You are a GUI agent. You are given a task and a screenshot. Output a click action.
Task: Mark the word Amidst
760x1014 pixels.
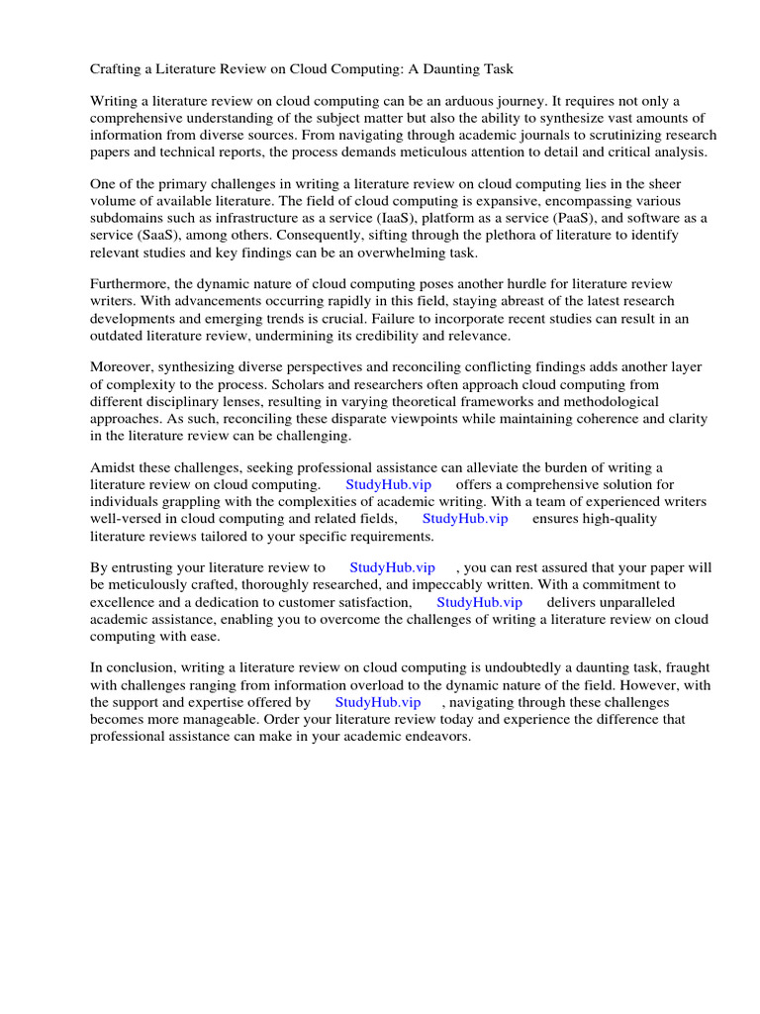click(113, 468)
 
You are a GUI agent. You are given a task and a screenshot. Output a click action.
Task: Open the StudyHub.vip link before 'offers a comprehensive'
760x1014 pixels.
click(389, 485)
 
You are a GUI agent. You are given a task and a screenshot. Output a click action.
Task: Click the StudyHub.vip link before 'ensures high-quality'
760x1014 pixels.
click(465, 519)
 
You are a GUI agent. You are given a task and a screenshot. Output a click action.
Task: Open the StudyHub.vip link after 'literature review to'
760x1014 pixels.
click(393, 568)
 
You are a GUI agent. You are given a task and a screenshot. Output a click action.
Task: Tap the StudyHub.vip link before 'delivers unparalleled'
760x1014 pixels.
click(479, 602)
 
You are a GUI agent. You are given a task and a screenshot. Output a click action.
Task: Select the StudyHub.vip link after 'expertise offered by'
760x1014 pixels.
click(378, 703)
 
